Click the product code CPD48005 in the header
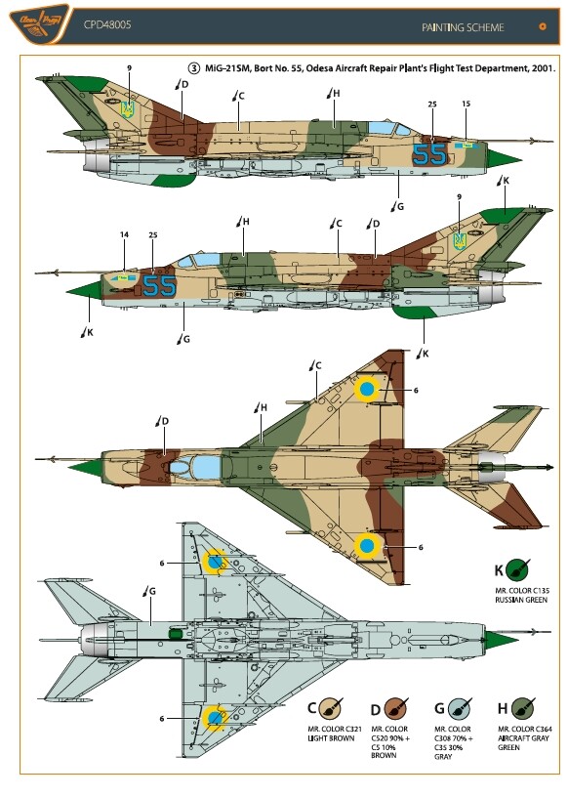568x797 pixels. coord(107,24)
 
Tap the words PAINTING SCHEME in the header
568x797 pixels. coord(463,27)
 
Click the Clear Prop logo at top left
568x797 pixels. coord(40,23)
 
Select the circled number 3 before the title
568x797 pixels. coord(194,68)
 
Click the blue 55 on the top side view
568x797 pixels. coord(429,154)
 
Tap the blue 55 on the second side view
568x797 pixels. coord(159,285)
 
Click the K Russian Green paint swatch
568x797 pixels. coord(517,569)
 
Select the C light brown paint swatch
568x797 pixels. coord(331,708)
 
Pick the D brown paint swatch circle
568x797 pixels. coord(395,708)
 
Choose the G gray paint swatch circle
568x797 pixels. coord(460,708)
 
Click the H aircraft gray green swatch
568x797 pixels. coord(523,708)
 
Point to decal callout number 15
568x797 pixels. coord(466,104)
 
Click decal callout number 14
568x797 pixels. coord(125,234)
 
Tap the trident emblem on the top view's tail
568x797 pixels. coord(127,109)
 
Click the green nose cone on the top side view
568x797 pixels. coord(504,155)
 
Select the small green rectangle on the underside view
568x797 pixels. coord(175,633)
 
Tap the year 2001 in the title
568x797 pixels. coord(543,68)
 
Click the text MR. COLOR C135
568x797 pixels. coord(521,591)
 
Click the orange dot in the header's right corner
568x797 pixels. coord(543,26)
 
